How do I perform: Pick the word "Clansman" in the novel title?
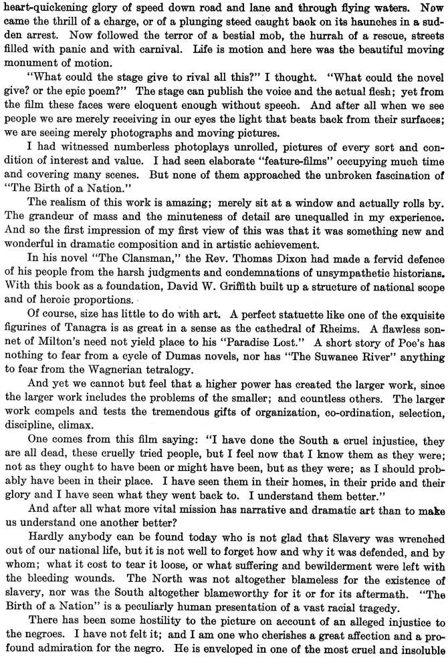click(x=122, y=248)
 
